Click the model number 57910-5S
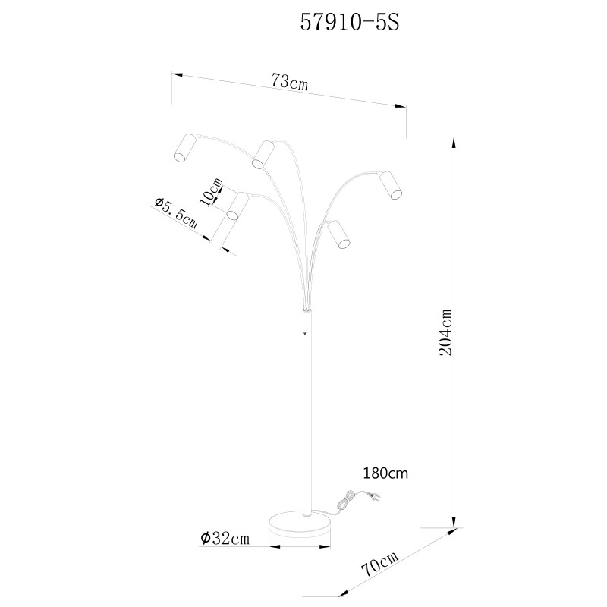pyautogui.click(x=350, y=23)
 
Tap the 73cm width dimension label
pyautogui.click(x=290, y=82)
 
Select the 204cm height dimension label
pyautogui.click(x=445, y=333)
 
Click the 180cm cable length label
pyautogui.click(x=385, y=473)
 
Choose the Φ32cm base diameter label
pyautogui.click(x=225, y=539)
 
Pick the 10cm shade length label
pyautogui.click(x=212, y=193)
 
